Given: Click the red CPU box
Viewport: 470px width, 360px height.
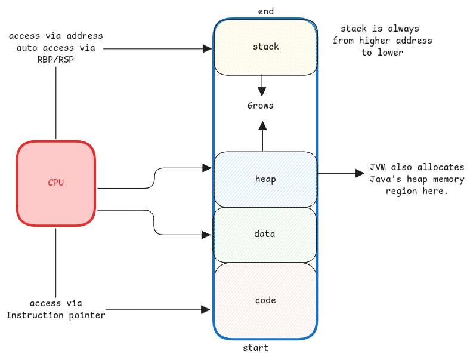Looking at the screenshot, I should (x=55, y=183).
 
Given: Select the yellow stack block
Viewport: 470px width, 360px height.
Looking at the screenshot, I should (x=265, y=47).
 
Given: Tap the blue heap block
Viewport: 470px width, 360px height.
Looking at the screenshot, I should (x=265, y=179).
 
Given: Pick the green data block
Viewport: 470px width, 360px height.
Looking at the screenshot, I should (x=264, y=234).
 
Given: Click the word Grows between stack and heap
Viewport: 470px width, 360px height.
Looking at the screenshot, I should (x=261, y=106).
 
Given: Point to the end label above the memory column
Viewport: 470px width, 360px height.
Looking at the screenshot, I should (x=265, y=11).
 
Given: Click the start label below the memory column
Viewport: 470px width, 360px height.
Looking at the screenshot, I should (x=255, y=348).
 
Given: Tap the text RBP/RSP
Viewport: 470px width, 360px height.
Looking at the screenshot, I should (x=55, y=59).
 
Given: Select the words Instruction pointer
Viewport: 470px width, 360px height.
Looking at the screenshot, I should (x=55, y=315).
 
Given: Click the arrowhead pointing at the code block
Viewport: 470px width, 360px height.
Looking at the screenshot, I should (x=206, y=310).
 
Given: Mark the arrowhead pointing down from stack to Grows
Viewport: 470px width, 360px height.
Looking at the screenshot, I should (x=261, y=91).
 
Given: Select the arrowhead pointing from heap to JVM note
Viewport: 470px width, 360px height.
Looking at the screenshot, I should (x=360, y=173).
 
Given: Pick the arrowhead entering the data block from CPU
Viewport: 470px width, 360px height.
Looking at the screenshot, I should (x=208, y=234).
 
